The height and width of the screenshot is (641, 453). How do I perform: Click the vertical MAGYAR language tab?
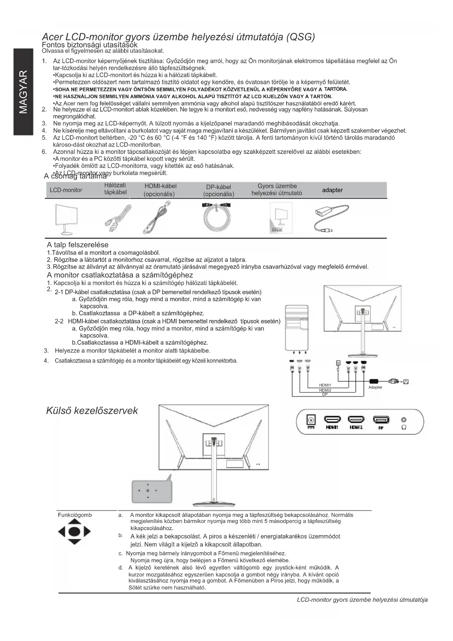pyautogui.click(x=23, y=91)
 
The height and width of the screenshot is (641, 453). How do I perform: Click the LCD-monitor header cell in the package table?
pyautogui.click(x=66, y=190)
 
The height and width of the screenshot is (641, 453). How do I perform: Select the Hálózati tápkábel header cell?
pyautogui.click(x=115, y=189)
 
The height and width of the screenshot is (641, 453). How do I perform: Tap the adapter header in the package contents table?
pyautogui.click(x=332, y=190)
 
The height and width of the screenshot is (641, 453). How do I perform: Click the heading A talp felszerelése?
pyautogui.click(x=77, y=245)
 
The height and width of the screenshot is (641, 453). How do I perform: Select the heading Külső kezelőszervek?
pyautogui.click(x=92, y=411)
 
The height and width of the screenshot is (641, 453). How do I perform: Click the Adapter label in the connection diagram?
pyautogui.click(x=375, y=387)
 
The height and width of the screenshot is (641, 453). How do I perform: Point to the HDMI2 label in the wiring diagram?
pyautogui.click(x=325, y=390)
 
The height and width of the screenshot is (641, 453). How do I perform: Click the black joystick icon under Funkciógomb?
pyautogui.click(x=74, y=532)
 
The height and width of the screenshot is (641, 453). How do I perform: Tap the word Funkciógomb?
pyautogui.click(x=75, y=515)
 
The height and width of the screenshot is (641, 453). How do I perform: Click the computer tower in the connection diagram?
pyautogui.click(x=296, y=327)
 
